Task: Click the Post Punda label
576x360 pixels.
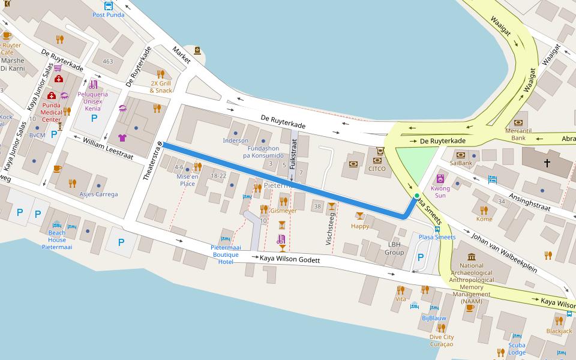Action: pyautogui.click(x=109, y=15)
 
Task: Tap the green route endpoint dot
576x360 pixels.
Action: pyautogui.click(x=417, y=196)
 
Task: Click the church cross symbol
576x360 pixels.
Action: pyautogui.click(x=547, y=163)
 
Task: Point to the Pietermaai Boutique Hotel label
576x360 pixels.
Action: pyautogui.click(x=226, y=254)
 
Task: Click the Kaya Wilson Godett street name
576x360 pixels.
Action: pyautogui.click(x=290, y=260)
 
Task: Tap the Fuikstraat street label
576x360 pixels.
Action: pyautogui.click(x=293, y=154)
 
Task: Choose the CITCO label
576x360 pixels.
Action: pyautogui.click(x=377, y=169)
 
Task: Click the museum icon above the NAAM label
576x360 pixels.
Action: pyautogui.click(x=471, y=257)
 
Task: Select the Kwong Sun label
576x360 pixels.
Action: pyautogui.click(x=440, y=192)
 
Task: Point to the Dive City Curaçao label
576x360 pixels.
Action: pyautogui.click(x=441, y=341)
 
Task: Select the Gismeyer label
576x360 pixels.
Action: pyautogui.click(x=283, y=211)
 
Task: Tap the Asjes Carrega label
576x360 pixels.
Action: pyautogui.click(x=98, y=194)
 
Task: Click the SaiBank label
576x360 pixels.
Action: pyautogui.click(x=461, y=163)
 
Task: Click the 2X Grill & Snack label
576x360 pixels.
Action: pyautogui.click(x=161, y=87)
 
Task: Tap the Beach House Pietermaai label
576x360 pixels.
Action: pyautogui.click(x=57, y=239)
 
